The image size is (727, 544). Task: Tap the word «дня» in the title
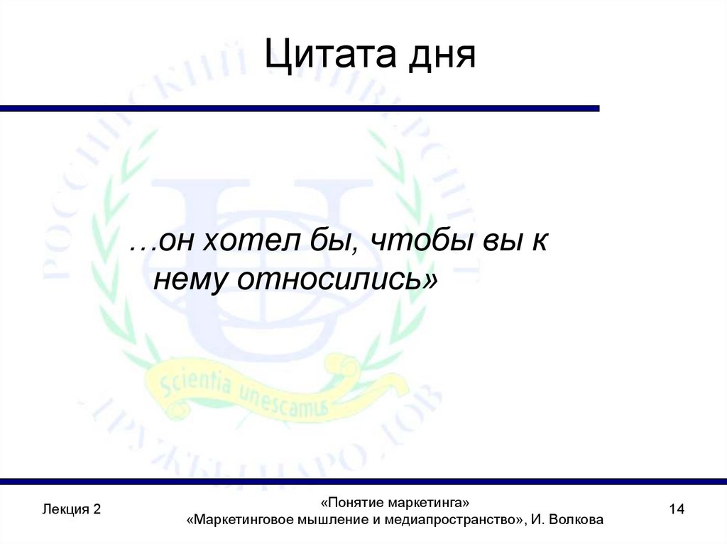[x=440, y=57]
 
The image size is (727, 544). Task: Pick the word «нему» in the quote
[x=190, y=280]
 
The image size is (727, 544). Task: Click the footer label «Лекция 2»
[x=72, y=509]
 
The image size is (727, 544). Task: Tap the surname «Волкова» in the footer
[x=577, y=520]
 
